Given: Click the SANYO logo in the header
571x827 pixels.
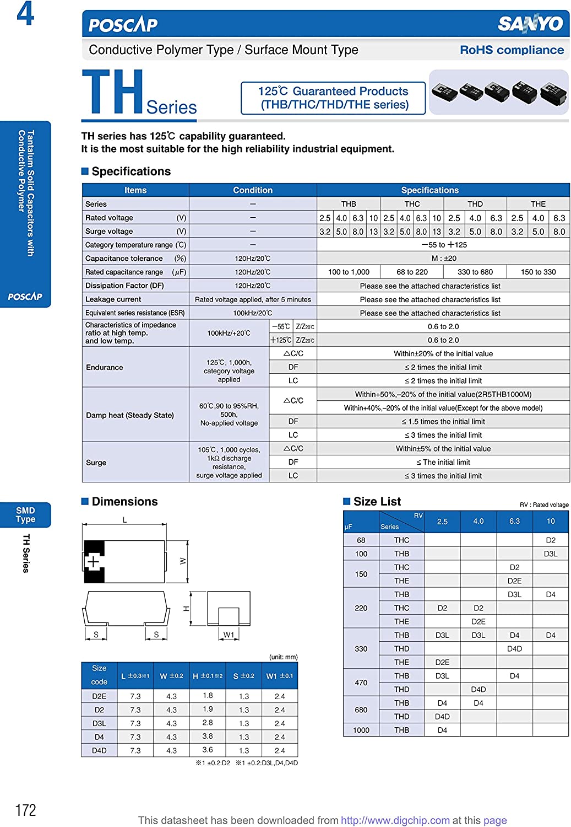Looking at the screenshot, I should coord(530,24).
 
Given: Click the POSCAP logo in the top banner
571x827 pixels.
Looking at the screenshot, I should coord(123,25).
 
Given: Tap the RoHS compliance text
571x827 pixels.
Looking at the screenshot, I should coord(512,50).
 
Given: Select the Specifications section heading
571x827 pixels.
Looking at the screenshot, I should coord(131,171).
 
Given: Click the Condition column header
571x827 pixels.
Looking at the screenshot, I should coord(252,190).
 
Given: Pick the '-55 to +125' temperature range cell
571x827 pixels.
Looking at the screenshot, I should coord(443,245).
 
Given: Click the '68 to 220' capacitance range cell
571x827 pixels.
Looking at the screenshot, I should coord(412,272).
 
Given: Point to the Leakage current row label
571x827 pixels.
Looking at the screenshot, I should coord(113,299).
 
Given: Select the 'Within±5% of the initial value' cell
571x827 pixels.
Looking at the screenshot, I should coord(443,449).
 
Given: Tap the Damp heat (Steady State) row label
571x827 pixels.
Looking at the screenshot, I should coord(130,415).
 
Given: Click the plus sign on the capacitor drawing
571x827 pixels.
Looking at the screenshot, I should coord(94,562).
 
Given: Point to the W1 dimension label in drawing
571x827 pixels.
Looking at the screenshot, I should coord(229,635).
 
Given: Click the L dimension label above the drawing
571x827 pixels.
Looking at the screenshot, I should coord(125,520).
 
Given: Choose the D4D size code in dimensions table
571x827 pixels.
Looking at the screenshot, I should coord(99,750).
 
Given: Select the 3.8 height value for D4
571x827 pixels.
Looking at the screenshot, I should coord(208,737).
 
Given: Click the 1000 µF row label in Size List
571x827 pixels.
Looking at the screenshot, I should coord(361,730).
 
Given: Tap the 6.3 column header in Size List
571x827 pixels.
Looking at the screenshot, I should coord(514,521).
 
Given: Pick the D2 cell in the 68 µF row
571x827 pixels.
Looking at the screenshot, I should coord(551,540).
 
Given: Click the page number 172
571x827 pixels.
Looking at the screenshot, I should coord(25,810).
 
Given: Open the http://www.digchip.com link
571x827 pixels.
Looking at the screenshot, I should coord(395,820).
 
